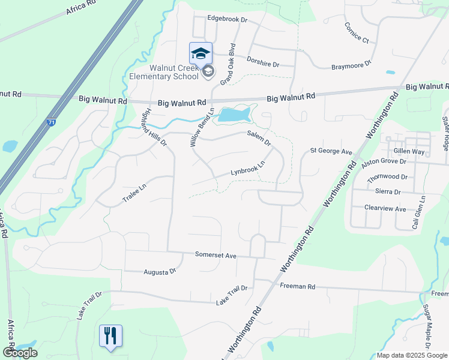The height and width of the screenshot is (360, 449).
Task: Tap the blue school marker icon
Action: (x=200, y=53)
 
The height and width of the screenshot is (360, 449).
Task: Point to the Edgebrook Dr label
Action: (x=227, y=19)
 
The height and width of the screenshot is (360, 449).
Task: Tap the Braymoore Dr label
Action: (x=352, y=65)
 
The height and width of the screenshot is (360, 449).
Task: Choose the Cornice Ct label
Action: (x=356, y=33)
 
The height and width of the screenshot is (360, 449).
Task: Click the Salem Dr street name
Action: (x=259, y=140)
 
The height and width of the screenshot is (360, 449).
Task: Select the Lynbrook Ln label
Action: (x=248, y=168)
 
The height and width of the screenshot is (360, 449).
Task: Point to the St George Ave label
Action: (x=331, y=152)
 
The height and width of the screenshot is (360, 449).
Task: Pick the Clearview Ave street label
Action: (x=385, y=208)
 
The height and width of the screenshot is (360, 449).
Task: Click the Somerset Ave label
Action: (x=216, y=255)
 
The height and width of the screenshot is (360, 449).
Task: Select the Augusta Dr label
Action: (x=160, y=272)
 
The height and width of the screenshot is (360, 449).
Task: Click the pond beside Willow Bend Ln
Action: (x=234, y=114)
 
